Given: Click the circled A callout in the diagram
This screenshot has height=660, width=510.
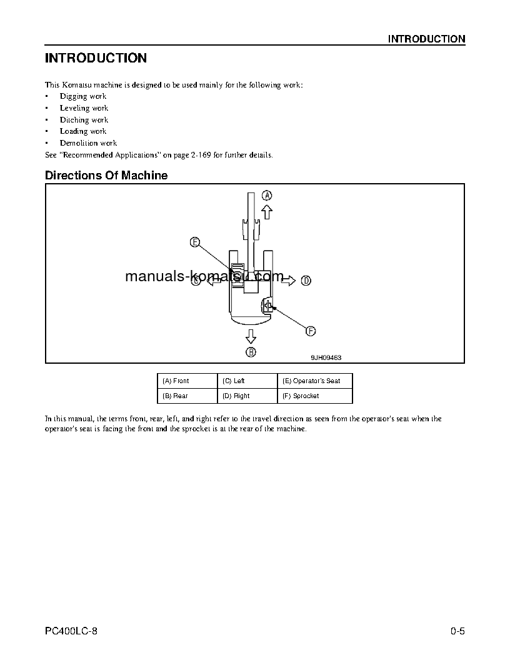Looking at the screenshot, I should [x=267, y=195].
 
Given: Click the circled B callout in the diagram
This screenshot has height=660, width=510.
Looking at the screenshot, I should [x=251, y=352].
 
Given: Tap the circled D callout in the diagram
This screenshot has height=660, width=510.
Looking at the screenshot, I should [x=306, y=281].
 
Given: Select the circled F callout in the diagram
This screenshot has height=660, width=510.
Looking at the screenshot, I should [x=310, y=331].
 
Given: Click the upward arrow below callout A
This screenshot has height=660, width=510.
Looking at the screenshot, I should [x=267, y=212].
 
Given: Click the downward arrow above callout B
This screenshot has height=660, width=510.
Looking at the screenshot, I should [x=251, y=336].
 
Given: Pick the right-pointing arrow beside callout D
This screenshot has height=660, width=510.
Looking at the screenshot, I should [x=288, y=281].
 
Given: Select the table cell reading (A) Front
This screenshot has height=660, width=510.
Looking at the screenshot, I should [x=187, y=381].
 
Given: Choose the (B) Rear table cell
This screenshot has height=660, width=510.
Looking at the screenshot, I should [x=187, y=396].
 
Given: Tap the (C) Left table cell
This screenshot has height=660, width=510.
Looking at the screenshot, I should [x=247, y=381].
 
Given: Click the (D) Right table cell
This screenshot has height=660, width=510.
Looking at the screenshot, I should [x=247, y=396].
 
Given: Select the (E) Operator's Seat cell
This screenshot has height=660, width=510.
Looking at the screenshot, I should [x=314, y=381].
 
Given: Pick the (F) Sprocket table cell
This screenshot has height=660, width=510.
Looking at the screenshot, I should [x=314, y=396].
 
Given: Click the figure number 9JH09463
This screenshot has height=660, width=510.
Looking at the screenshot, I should [x=326, y=358].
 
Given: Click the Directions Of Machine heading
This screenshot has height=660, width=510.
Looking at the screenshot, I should [x=106, y=176].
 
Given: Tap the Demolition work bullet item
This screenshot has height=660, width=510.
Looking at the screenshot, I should [x=88, y=143].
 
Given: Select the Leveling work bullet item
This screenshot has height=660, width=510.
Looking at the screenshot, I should [x=84, y=108].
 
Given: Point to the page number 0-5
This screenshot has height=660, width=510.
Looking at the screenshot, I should [x=457, y=631].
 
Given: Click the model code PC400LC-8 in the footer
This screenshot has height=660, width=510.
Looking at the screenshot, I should [x=71, y=631].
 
